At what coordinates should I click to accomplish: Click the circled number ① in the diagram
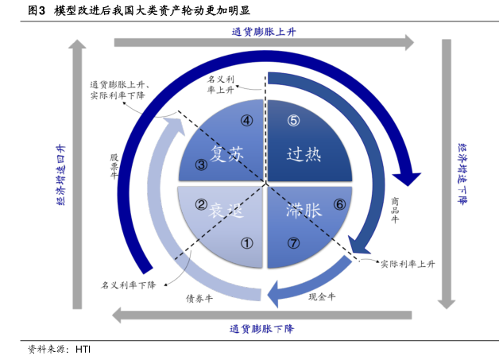246,244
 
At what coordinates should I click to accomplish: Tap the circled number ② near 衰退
202,204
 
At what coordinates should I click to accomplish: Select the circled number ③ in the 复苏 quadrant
202,165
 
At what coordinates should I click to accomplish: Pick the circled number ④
247,121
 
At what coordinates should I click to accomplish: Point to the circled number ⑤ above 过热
293,121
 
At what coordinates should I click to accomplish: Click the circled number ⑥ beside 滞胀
338,204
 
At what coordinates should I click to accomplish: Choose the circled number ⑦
293,244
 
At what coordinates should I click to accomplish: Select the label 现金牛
322,296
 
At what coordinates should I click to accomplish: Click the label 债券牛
199,299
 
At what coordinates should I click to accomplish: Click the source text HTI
83,348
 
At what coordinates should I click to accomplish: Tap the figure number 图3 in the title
36,10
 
